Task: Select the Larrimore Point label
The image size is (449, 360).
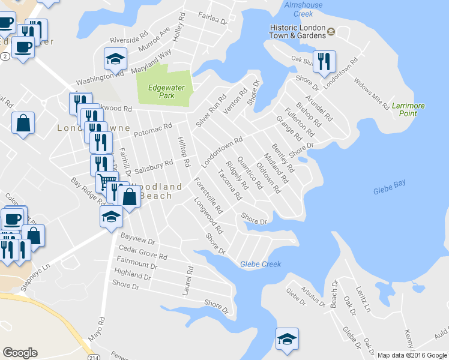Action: pyautogui.click(x=408, y=110)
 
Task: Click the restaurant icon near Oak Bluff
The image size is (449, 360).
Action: pyautogui.click(x=324, y=61)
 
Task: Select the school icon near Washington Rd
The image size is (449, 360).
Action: pyautogui.click(x=115, y=59)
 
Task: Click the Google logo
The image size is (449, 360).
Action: pyautogui.click(x=20, y=353)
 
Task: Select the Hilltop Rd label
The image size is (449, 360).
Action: pyautogui.click(x=183, y=152)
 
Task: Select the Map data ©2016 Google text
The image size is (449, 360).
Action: pyautogui.click(x=412, y=355)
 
